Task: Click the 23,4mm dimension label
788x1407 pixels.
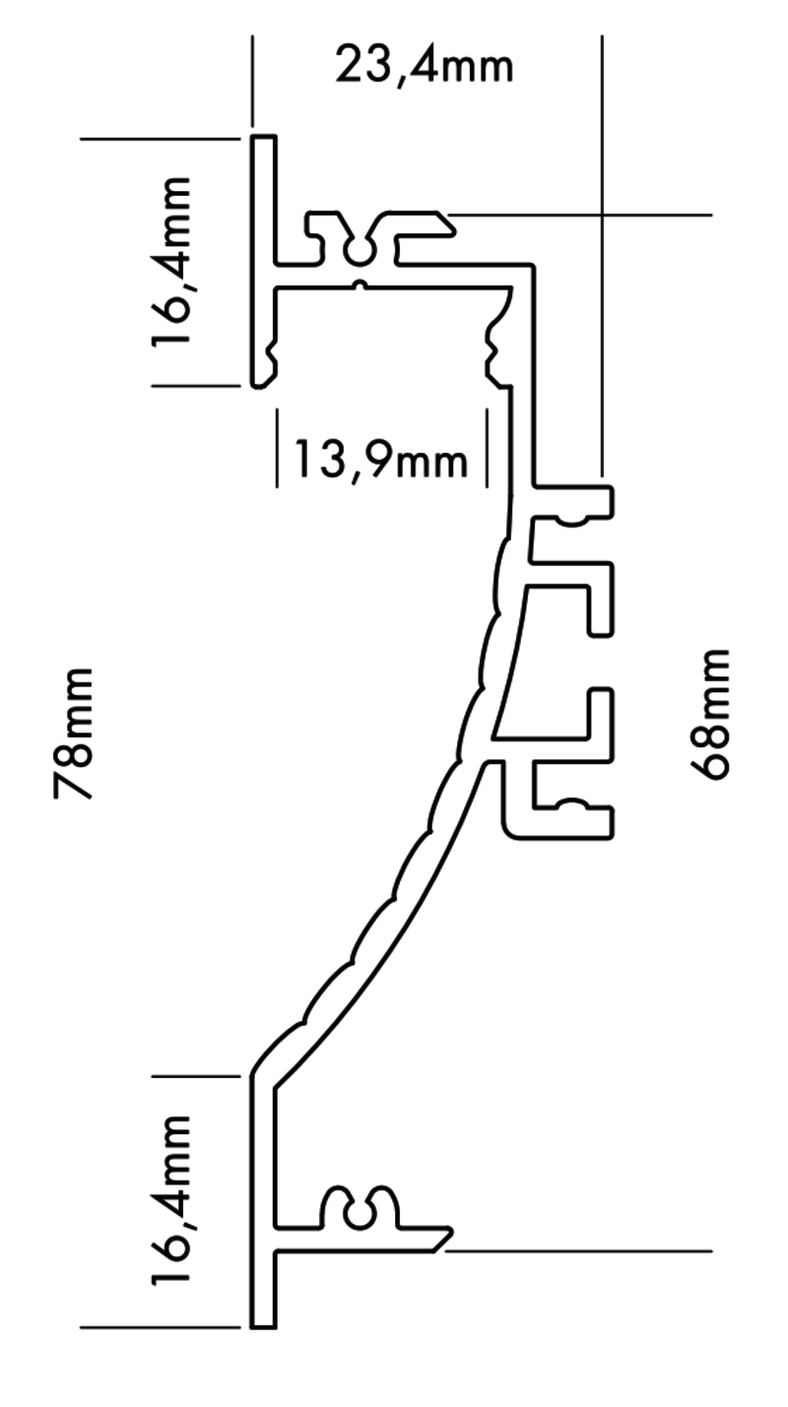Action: [424, 67]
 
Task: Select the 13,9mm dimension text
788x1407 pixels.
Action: [379, 459]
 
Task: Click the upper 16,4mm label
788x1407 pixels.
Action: [172, 262]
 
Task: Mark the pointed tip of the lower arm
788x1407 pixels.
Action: [448, 1233]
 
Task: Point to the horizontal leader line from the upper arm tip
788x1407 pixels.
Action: [591, 214]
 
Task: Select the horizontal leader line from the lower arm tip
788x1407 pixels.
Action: [591, 1251]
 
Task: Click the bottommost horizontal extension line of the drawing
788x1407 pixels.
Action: [158, 1328]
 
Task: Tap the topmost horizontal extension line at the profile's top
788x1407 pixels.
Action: [158, 139]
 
